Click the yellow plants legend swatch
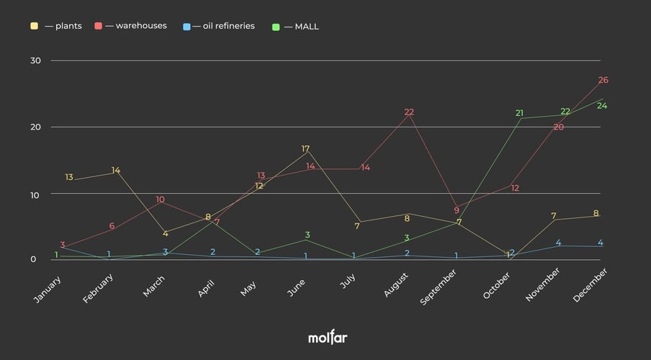coord(34,27)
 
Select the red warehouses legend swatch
coord(98,27)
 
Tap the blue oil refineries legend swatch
coord(187,27)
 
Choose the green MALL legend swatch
coord(277,27)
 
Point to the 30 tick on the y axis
coord(35,60)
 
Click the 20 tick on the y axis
coord(35,127)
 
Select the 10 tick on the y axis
coord(35,194)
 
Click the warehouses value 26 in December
coord(603,80)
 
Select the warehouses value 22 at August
coord(409,112)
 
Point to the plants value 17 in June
coord(306,149)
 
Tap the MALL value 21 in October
coord(520,113)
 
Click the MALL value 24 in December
coord(602,106)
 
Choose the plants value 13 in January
coord(69,177)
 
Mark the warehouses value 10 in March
coord(160,199)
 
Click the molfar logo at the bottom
coord(328,337)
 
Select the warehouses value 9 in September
coord(457,210)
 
